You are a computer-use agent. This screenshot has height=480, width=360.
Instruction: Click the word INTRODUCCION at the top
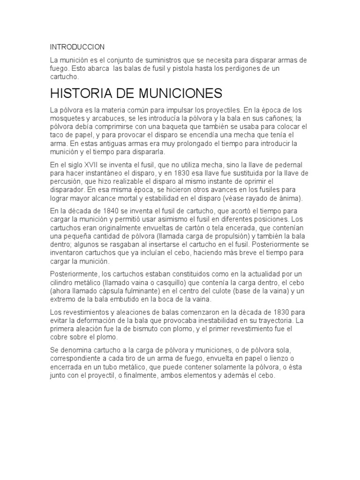[77, 47]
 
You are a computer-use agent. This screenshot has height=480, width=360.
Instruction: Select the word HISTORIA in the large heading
[86, 93]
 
